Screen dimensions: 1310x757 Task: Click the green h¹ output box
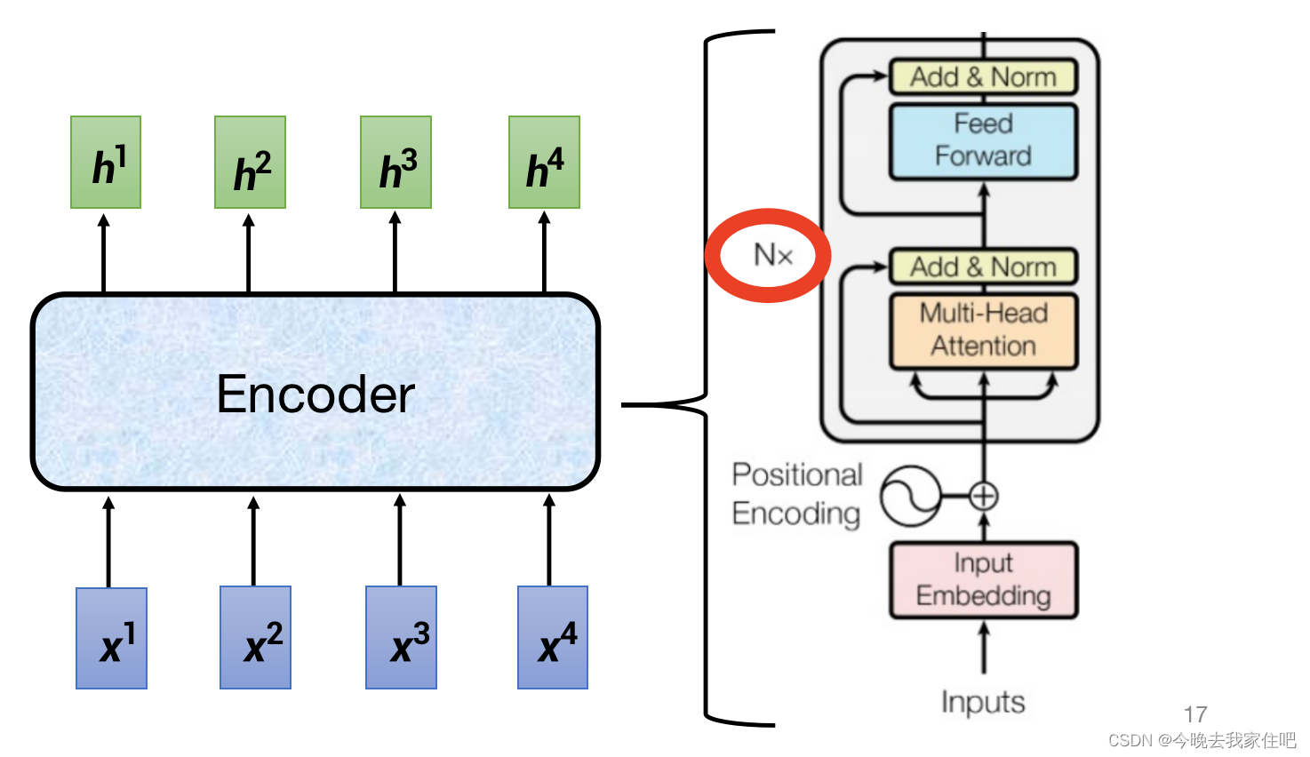106,162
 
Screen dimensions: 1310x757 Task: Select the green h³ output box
395,162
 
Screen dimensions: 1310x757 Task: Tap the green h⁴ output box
545,162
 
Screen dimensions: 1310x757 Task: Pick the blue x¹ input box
111,638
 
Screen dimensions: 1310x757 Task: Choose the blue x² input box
256,638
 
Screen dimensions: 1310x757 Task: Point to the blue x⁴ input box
553,638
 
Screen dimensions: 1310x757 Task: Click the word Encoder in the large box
316,394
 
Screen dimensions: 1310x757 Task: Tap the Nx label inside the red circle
773,255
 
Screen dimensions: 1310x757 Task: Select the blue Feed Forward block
984,141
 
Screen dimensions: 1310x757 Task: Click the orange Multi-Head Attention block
984,331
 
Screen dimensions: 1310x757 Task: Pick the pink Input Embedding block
984,580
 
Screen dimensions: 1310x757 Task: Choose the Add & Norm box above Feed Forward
984,76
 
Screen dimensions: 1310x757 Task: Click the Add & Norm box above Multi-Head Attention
984,267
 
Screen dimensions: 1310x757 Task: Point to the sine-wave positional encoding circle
911,497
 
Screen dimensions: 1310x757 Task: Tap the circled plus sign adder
984,497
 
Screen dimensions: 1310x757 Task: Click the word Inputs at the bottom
983,702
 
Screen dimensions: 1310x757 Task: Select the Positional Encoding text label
797,495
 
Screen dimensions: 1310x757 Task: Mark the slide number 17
1195,714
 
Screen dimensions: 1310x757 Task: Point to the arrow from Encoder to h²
249,252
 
